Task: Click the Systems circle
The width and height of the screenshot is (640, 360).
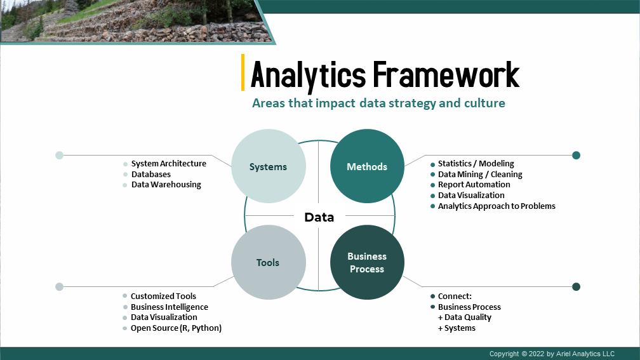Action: pyautogui.click(x=268, y=166)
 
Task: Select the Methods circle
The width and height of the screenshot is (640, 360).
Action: pyautogui.click(x=367, y=166)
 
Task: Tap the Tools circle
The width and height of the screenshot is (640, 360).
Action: pyautogui.click(x=268, y=262)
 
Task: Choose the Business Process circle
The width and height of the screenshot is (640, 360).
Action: pyautogui.click(x=367, y=262)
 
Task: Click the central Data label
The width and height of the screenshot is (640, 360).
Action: pyautogui.click(x=319, y=217)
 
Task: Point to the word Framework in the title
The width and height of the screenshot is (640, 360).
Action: pyautogui.click(x=446, y=75)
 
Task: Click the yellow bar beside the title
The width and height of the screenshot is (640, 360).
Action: pyautogui.click(x=243, y=72)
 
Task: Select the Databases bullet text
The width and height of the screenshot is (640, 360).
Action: pyautogui.click(x=151, y=174)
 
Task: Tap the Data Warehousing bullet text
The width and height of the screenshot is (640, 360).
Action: pyautogui.click(x=166, y=185)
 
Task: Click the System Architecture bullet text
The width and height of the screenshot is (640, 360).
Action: pyautogui.click(x=169, y=164)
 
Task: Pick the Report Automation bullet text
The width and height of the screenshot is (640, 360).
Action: pyautogui.click(x=474, y=185)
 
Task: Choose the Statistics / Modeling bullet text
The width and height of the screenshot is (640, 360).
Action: pyautogui.click(x=476, y=164)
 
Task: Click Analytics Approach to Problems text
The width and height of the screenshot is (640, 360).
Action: pyautogui.click(x=497, y=206)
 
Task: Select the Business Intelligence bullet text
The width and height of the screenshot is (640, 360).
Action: pyautogui.click(x=170, y=307)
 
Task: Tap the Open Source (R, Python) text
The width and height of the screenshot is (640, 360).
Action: pyautogui.click(x=176, y=328)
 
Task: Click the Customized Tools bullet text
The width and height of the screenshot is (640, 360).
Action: pyautogui.click(x=163, y=297)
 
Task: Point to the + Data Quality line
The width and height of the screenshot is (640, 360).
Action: pyautogui.click(x=465, y=317)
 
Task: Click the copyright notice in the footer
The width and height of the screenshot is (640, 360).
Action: pyautogui.click(x=552, y=354)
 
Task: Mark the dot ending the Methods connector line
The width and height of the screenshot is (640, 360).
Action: pyautogui.click(x=577, y=155)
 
